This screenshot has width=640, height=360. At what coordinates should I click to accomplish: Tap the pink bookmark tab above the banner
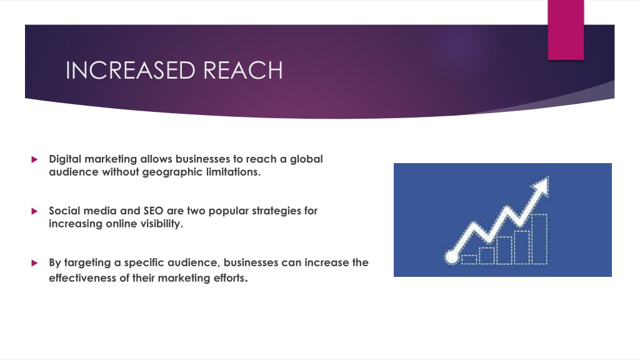click(x=566, y=29)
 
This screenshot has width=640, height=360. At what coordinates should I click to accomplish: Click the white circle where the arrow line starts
click(x=450, y=255)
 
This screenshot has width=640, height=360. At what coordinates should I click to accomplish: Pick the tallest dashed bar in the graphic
click(x=538, y=238)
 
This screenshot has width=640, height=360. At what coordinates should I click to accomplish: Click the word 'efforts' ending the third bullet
click(x=228, y=278)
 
